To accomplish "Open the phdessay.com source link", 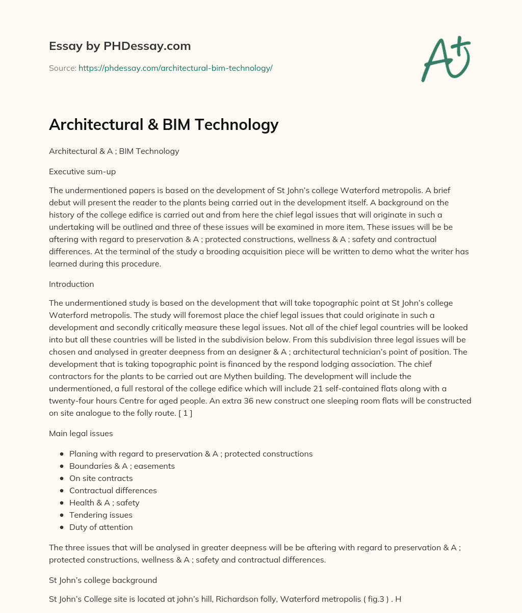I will click(x=175, y=68).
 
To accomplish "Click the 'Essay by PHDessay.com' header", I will click(x=120, y=46).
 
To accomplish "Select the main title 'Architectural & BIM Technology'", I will click(x=164, y=124).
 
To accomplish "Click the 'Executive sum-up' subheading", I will click(x=82, y=171).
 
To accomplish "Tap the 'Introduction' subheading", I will click(x=71, y=284).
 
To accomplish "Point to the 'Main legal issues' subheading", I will click(x=81, y=433).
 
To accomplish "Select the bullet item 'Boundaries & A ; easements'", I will click(x=122, y=466).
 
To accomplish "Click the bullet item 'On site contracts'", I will click(x=101, y=478).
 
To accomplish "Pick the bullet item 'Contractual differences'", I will click(x=113, y=490).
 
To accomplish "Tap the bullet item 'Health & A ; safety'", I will click(x=104, y=502).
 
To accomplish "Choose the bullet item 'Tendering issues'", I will click(x=100, y=515).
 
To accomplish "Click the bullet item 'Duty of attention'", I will click(x=101, y=527).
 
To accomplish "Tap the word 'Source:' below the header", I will click(x=62, y=68).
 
